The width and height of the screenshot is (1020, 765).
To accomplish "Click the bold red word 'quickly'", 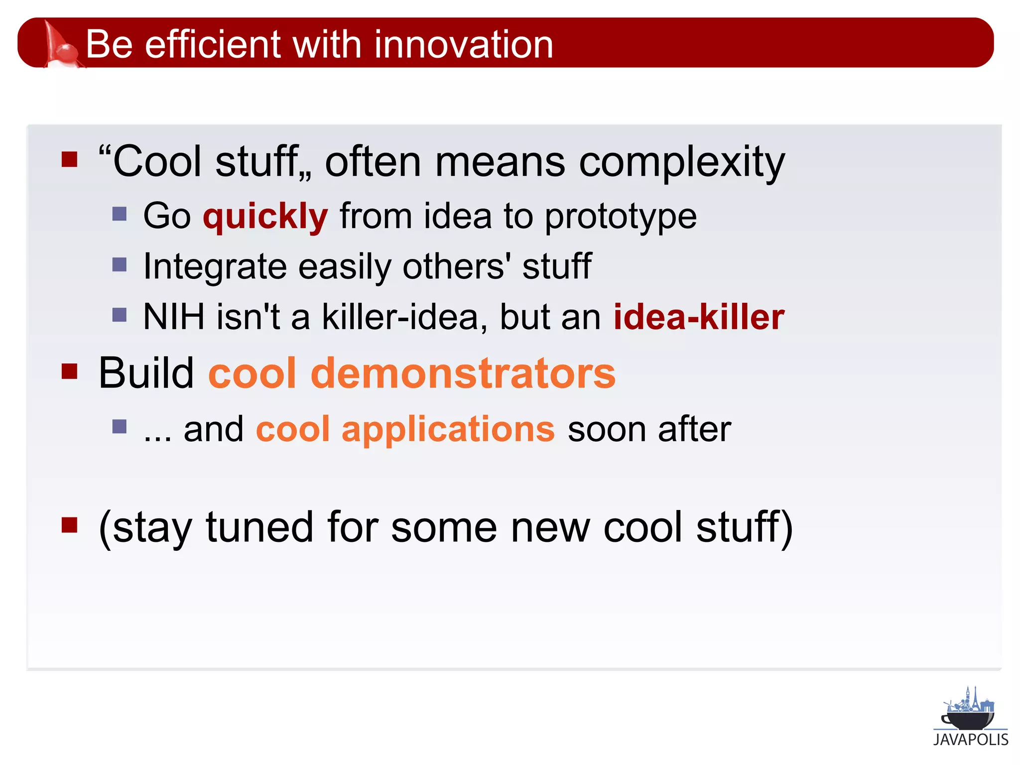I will pos(265,216).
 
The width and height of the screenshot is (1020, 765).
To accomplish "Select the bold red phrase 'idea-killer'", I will pos(699,317).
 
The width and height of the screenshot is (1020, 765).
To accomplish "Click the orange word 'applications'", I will pos(448,429).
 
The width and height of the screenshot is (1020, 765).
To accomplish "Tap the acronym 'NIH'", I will pos(174,317).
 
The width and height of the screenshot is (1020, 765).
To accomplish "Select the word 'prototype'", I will pos(621,217).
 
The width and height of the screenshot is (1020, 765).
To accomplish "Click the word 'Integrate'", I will pos(215,266).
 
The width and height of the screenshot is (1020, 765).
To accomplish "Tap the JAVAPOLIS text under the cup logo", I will pos(971,740).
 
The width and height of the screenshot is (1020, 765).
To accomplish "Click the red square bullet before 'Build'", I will pos(70,371).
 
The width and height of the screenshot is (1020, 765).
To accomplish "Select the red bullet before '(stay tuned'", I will pos(70,525).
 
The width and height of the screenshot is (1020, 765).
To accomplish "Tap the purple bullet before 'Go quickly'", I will pos(120,214).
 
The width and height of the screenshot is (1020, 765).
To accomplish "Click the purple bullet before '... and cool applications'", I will pos(120,427).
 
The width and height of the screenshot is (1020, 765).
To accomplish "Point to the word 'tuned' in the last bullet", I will pos(259,527).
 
